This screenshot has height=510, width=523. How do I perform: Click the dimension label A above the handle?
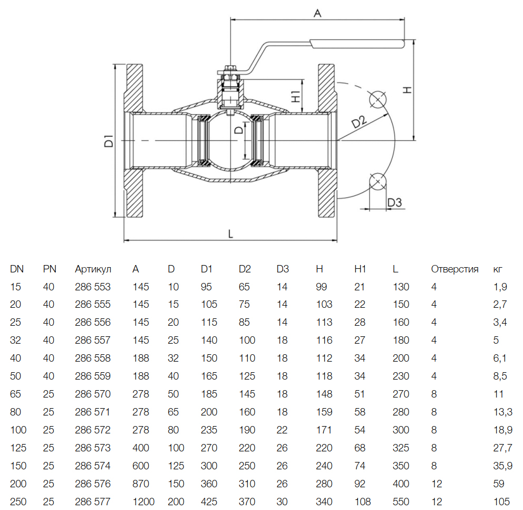point(317,13)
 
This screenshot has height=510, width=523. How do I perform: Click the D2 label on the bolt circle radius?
point(359,122)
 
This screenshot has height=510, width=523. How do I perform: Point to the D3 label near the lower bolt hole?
point(394,202)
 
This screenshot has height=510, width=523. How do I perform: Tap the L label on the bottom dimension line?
point(230,234)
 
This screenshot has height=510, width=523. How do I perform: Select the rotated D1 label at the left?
point(109,140)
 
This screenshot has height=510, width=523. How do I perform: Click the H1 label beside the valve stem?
point(296,97)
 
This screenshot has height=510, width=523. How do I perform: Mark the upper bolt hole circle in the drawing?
point(377,100)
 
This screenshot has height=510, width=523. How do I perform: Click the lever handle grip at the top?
point(357,44)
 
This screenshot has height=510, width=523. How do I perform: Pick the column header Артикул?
point(93,269)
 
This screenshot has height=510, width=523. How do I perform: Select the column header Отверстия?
point(454,269)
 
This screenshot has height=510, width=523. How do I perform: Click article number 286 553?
point(93,287)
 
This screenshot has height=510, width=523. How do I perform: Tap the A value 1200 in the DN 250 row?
point(143,502)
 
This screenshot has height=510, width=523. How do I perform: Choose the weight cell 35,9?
point(502,466)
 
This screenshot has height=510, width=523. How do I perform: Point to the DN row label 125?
point(18,448)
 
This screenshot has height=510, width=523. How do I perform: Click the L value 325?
point(401,448)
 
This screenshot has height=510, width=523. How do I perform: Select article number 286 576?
point(93,484)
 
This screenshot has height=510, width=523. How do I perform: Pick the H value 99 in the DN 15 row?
point(322,287)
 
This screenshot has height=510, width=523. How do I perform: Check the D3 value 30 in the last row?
point(282,502)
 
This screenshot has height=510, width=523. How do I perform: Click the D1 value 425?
point(209,502)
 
